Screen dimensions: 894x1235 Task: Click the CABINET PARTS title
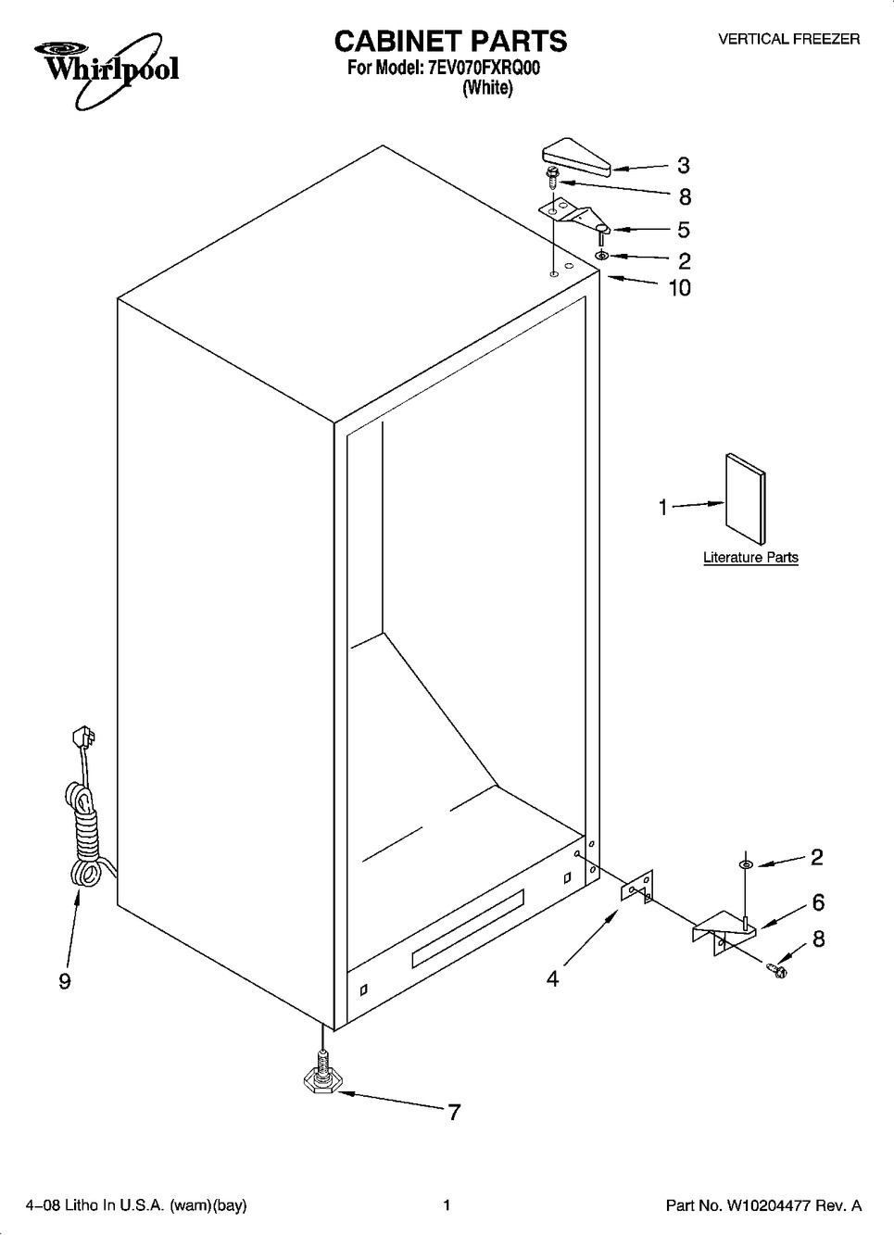pyautogui.click(x=450, y=41)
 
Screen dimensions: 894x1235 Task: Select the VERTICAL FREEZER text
pyautogui.click(x=788, y=39)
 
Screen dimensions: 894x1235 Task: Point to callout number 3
pyautogui.click(x=684, y=165)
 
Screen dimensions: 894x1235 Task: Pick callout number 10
pyautogui.click(x=680, y=288)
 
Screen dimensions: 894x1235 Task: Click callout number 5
pyautogui.click(x=684, y=230)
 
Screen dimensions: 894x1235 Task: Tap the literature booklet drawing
pyautogui.click(x=745, y=499)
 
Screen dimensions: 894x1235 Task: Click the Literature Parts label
pyautogui.click(x=750, y=558)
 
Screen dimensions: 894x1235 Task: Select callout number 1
pyautogui.click(x=663, y=507)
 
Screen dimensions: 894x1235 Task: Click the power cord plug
pyautogui.click(x=82, y=737)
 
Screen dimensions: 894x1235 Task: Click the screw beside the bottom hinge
pyautogui.click(x=776, y=969)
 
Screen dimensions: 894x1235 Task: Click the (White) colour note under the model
pyautogui.click(x=488, y=88)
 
